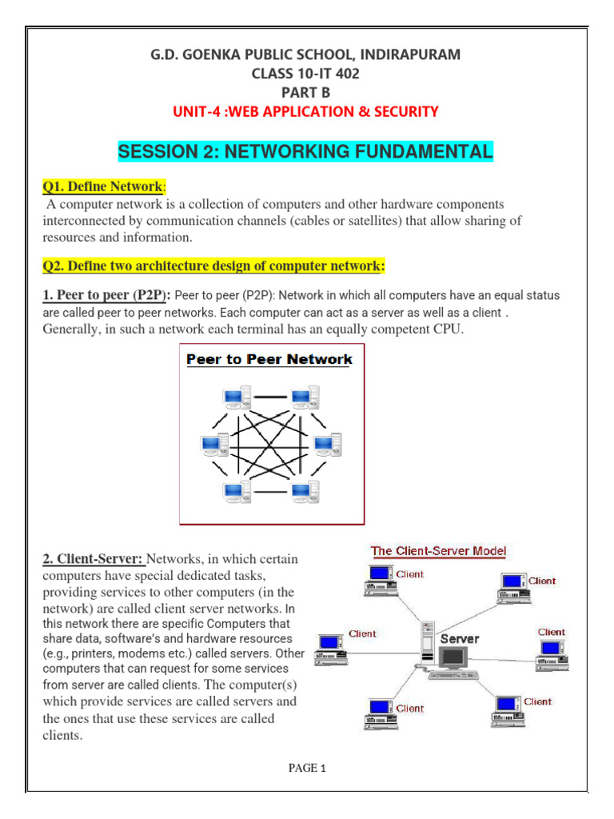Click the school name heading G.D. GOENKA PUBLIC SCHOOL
[x=306, y=54]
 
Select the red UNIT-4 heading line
[x=306, y=111]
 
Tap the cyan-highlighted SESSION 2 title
[x=305, y=151]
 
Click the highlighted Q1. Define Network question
[x=102, y=186]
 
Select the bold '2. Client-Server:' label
[x=93, y=558]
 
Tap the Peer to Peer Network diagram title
[x=269, y=359]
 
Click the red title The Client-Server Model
[x=438, y=551]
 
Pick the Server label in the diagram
[x=460, y=638]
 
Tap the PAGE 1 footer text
[x=307, y=769]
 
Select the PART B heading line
[x=306, y=92]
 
